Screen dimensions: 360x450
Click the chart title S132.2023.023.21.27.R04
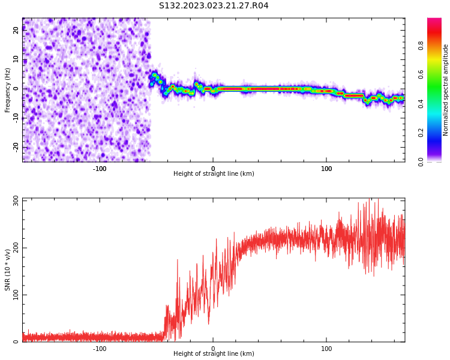pyautogui.click(x=214, y=6)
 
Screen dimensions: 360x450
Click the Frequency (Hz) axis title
pyautogui.click(x=8, y=90)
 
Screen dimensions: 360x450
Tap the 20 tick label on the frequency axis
pyautogui.click(x=16, y=30)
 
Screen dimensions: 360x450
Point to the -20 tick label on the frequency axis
pyautogui.click(x=16, y=146)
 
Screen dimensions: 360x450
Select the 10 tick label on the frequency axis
pyautogui.click(x=16, y=59)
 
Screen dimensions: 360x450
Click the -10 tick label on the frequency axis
pyautogui.click(x=16, y=118)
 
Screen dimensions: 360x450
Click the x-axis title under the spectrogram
pyautogui.click(x=214, y=174)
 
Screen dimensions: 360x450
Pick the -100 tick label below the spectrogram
pyautogui.click(x=100, y=169)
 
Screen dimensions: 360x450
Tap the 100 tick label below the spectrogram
pyautogui.click(x=326, y=169)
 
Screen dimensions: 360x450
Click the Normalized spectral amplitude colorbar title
pyautogui.click(x=446, y=90)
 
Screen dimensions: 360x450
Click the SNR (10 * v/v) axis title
pyautogui.click(x=8, y=270)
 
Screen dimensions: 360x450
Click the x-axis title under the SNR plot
pyautogui.click(x=214, y=354)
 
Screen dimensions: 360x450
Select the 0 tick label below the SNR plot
pyautogui.click(x=213, y=349)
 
